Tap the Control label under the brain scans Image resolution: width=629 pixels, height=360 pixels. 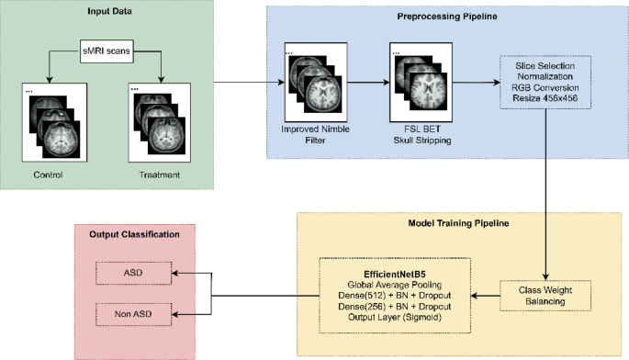tap(47, 174)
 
